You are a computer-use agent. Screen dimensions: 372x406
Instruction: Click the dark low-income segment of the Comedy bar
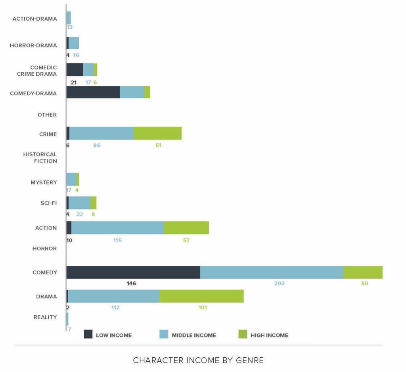133,272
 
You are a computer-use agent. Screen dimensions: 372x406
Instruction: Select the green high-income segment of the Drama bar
201,296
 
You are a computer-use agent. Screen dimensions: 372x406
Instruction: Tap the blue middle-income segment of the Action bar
117,228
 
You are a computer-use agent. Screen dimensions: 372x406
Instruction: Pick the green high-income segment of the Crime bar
157,134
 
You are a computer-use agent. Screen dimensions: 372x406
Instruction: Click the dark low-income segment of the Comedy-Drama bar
93,92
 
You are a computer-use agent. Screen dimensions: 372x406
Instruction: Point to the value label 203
279,284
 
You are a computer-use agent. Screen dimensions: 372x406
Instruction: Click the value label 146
131,284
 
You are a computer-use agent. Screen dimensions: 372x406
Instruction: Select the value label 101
202,307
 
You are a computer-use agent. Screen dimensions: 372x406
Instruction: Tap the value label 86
97,145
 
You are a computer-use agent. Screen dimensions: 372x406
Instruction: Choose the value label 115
117,240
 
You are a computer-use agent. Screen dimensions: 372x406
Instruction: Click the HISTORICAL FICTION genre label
40,157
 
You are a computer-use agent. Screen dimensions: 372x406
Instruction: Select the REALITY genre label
45,317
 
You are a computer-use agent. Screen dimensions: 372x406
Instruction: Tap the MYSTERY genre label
44,182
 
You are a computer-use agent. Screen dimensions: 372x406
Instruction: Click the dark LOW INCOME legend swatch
88,335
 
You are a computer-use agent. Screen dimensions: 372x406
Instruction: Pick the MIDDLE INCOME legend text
194,335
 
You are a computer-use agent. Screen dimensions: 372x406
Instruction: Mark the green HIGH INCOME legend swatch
243,335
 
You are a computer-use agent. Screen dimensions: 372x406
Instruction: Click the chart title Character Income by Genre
198,360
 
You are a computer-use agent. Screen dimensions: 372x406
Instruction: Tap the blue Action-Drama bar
69,17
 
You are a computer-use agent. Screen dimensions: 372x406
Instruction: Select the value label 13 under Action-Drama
70,27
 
